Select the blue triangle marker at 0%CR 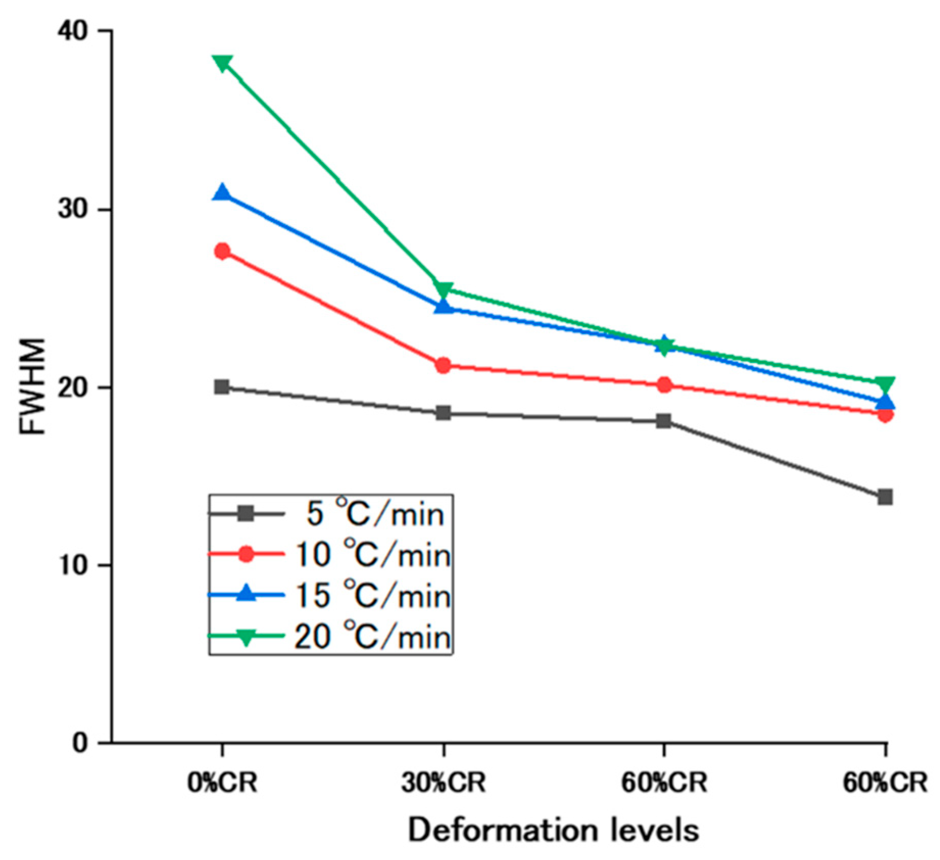[222, 192]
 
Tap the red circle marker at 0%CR [222, 251]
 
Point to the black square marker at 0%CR [222, 387]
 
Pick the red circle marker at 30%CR [443, 365]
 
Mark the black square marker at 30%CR [443, 413]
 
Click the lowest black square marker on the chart [885, 497]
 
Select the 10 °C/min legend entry [330, 554]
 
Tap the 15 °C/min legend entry [330, 595]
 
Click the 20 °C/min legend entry [330, 636]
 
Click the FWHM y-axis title [32, 386]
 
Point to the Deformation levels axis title [554, 830]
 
